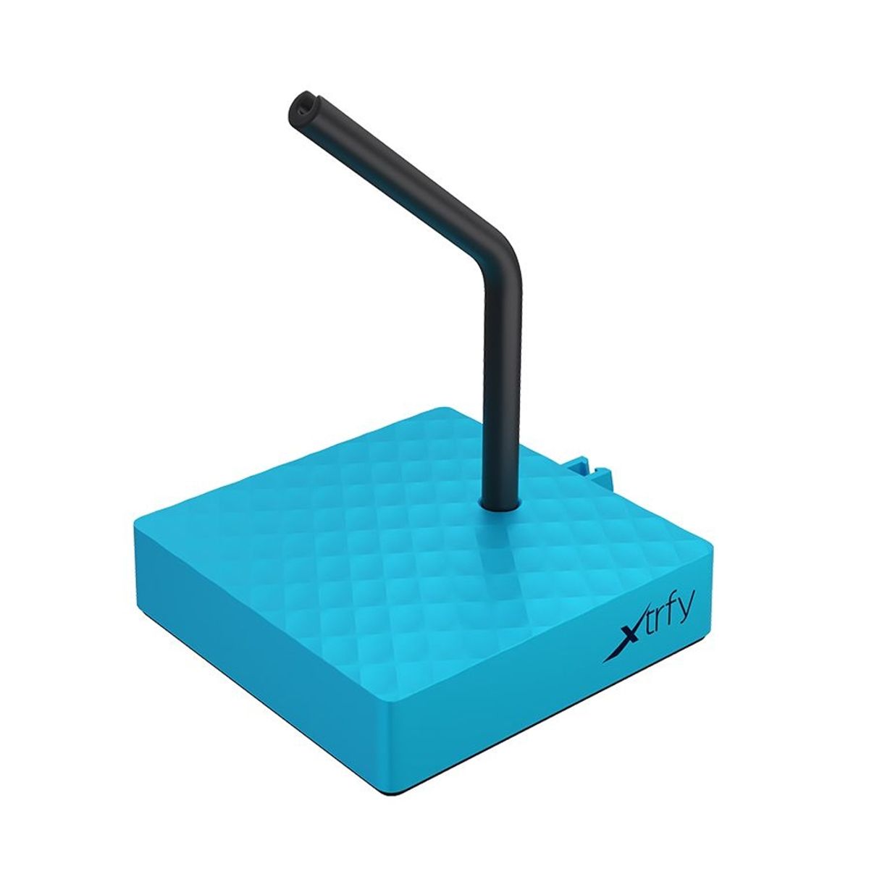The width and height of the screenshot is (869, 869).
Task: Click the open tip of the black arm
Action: click(x=299, y=108)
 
